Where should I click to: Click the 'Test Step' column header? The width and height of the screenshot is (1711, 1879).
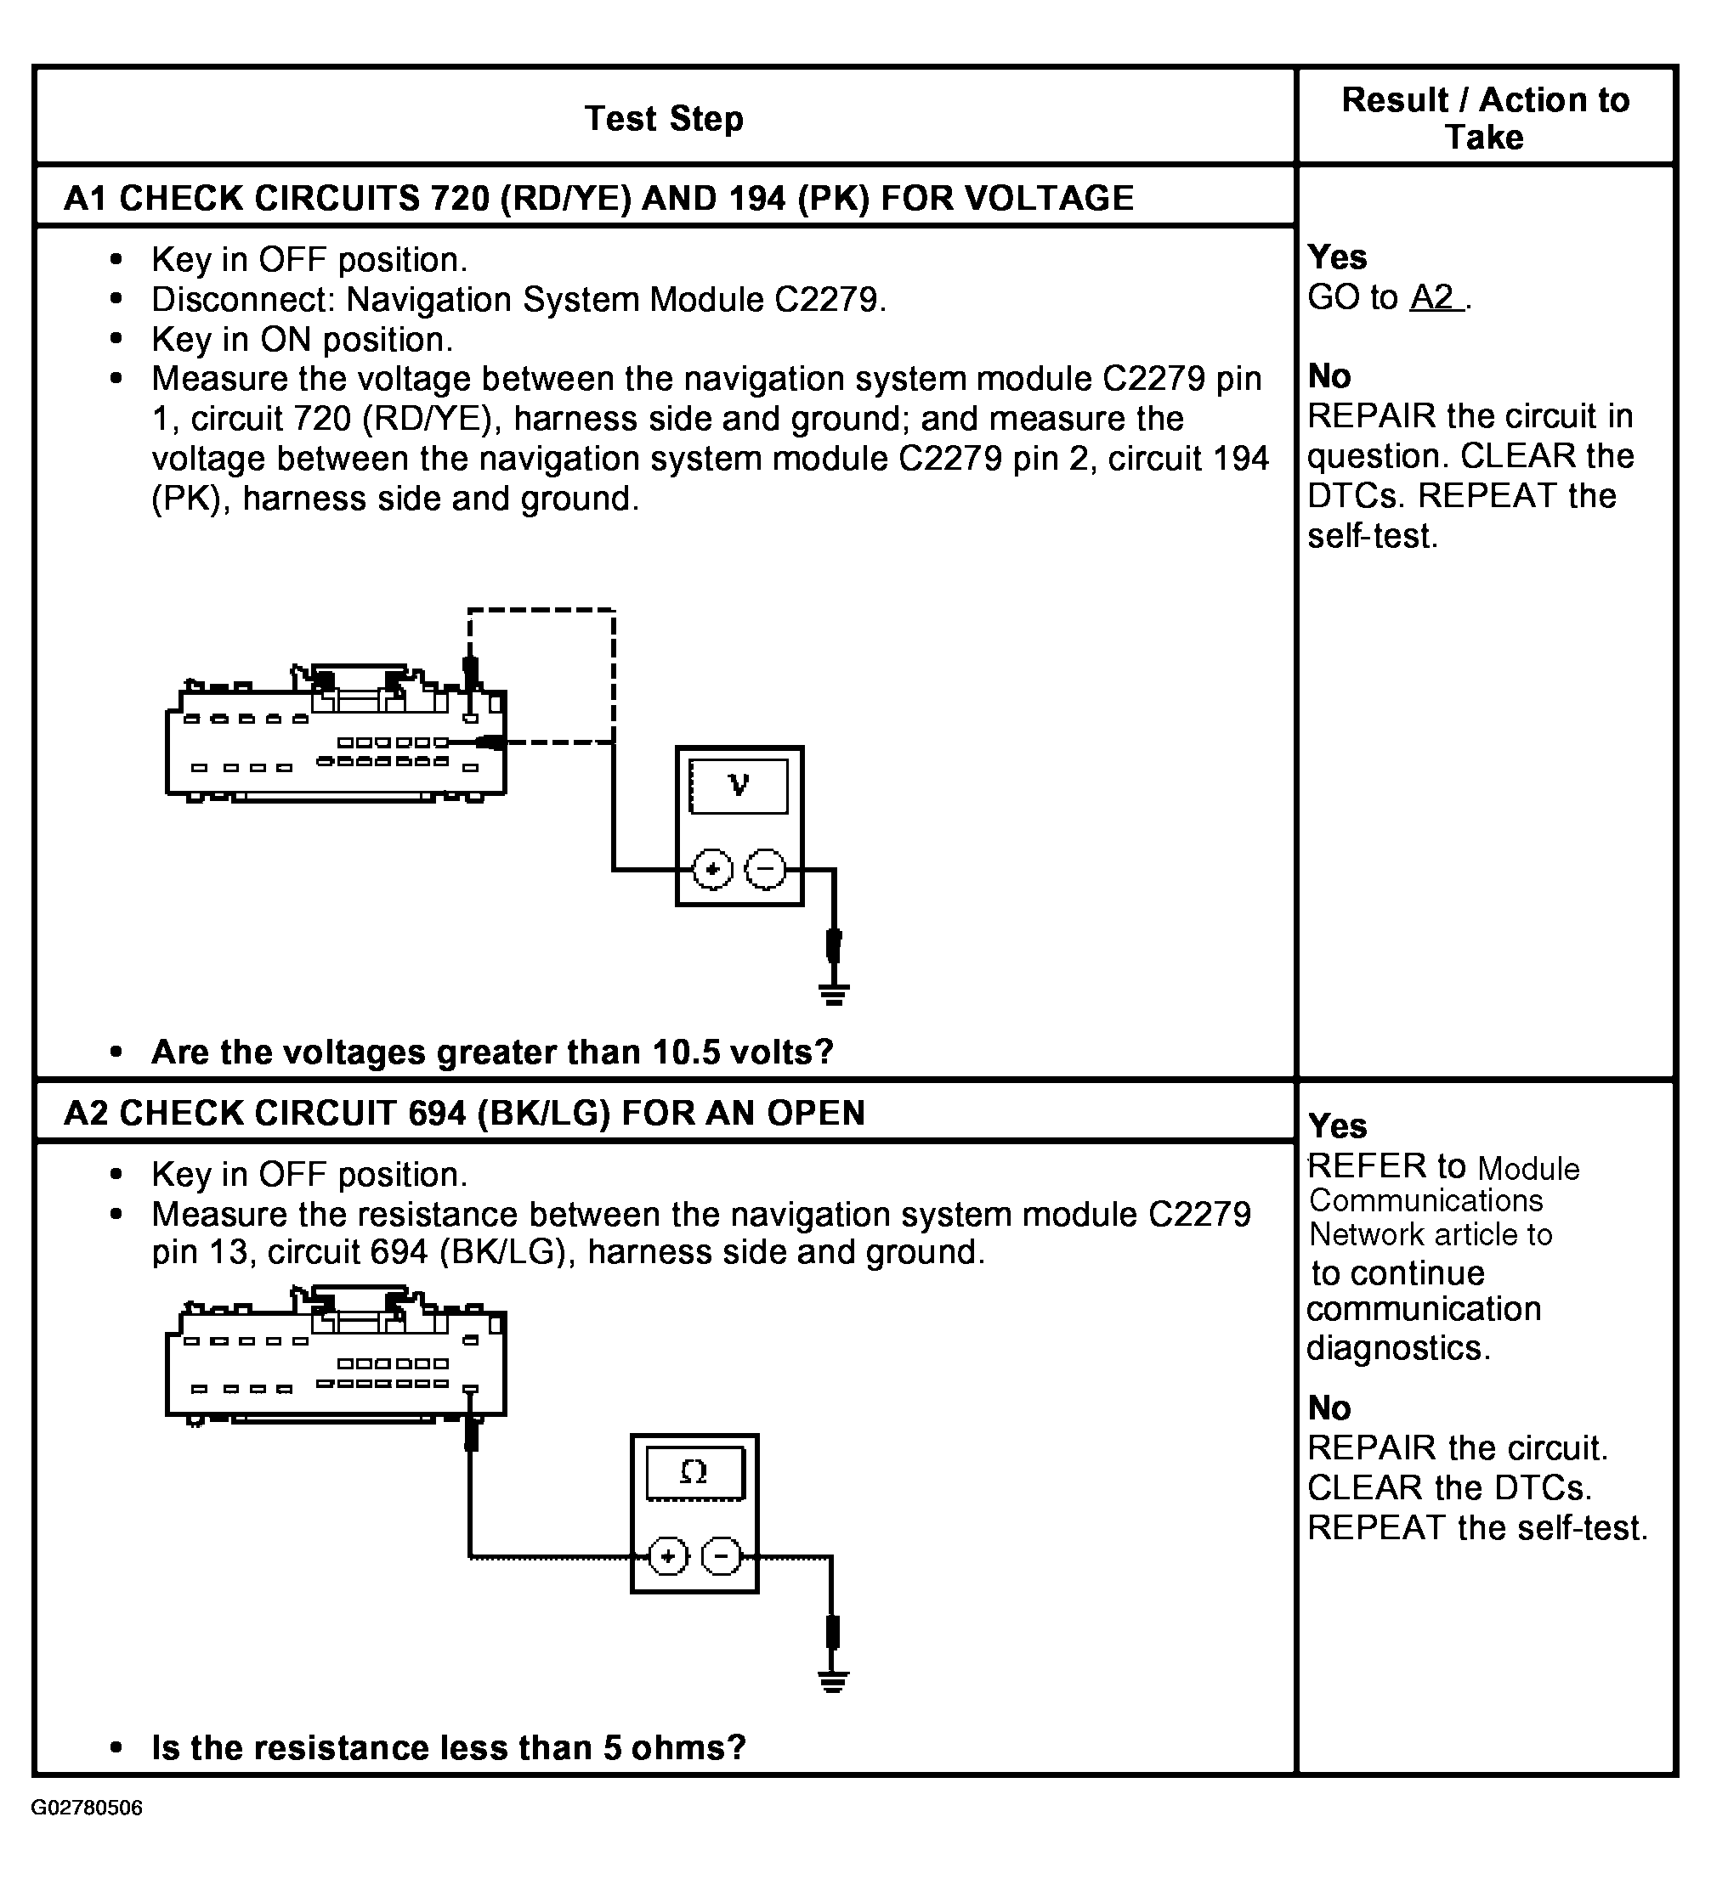click(664, 118)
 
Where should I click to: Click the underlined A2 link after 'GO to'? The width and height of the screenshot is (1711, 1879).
click(1434, 297)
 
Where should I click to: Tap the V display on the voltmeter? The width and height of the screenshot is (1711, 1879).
click(739, 786)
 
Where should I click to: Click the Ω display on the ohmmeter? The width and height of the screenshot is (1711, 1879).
click(694, 1473)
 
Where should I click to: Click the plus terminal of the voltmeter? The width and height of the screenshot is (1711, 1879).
click(712, 870)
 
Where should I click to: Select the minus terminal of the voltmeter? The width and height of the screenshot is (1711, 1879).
click(766, 870)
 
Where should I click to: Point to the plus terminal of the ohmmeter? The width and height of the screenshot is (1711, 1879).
click(667, 1556)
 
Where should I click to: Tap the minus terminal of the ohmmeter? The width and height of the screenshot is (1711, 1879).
click(721, 1556)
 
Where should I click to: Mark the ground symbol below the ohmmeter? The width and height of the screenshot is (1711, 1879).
click(833, 1680)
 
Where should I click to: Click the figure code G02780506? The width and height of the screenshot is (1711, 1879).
click(87, 1808)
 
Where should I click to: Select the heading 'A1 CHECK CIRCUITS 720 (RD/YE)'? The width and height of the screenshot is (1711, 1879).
click(598, 198)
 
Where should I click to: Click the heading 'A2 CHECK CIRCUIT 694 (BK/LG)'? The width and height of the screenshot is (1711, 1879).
click(464, 1113)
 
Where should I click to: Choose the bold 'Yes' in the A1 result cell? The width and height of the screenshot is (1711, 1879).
click(1337, 257)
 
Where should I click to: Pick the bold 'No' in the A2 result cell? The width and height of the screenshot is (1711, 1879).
click(1329, 1408)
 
